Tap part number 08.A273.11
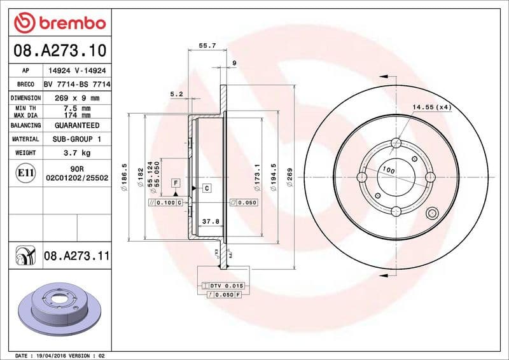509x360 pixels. [x=77, y=256]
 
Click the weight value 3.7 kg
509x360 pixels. [x=77, y=153]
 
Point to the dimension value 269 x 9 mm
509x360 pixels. [x=77, y=98]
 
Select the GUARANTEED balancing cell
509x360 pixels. [x=77, y=125]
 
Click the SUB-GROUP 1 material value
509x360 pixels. [x=77, y=139]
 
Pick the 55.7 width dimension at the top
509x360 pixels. [x=207, y=46]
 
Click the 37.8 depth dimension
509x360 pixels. [x=210, y=222]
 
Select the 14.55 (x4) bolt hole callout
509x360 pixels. [x=431, y=107]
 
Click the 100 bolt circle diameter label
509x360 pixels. [x=387, y=170]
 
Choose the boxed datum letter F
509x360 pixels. [x=174, y=183]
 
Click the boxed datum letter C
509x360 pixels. [x=207, y=188]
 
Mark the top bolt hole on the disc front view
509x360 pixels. [x=395, y=142]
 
